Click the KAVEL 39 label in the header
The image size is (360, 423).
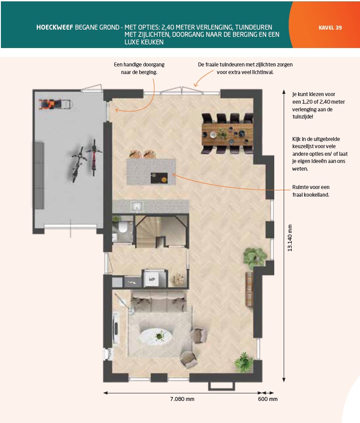click(330, 27)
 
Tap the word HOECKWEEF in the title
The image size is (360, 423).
click(55, 27)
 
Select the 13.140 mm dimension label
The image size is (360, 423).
click(290, 238)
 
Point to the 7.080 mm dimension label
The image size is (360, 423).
click(182, 399)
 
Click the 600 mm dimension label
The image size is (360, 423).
click(268, 399)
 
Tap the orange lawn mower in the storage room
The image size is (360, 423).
click(55, 104)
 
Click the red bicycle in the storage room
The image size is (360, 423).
click(94, 158)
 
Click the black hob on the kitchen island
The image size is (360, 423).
click(159, 178)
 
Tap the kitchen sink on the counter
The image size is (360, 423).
click(137, 207)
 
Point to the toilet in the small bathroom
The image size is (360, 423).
click(123, 227)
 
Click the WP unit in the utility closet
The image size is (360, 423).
click(152, 279)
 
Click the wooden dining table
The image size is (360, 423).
click(227, 134)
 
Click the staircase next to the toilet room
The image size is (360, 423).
click(161, 231)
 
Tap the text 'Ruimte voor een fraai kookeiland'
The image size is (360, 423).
click(311, 191)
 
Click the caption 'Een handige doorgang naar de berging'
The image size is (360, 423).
click(139, 68)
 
